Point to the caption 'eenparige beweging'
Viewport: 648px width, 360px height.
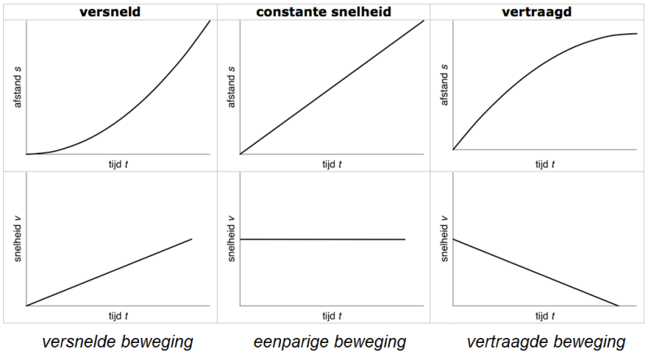[x=330, y=342]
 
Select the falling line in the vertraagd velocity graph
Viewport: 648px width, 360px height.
[x=536, y=272]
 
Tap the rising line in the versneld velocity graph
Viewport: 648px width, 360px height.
[x=110, y=272]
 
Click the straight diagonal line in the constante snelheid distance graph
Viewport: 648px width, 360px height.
[x=332, y=87]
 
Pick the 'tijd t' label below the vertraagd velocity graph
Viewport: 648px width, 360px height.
[x=542, y=315]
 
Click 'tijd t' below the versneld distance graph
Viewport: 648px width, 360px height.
[x=119, y=163]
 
